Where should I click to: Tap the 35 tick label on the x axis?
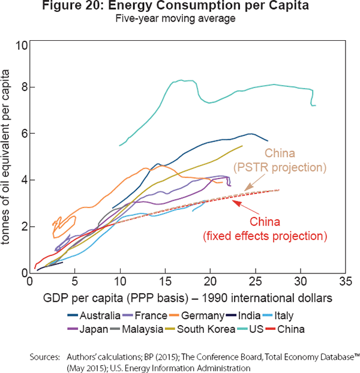click(345, 281)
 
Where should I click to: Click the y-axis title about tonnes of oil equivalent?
click(12, 159)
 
